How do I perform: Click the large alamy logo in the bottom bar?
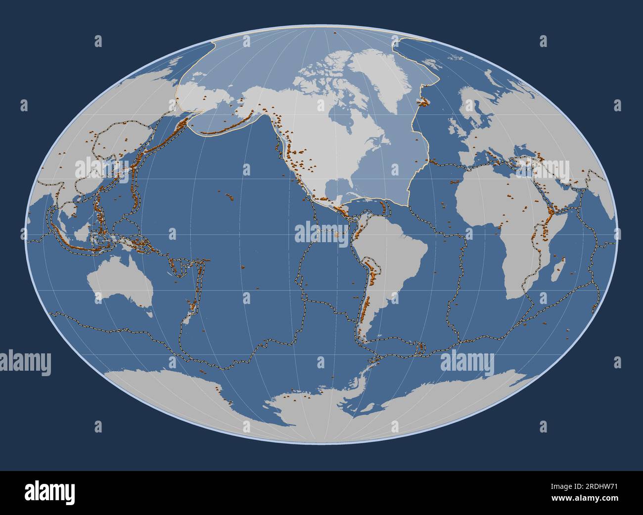click(x=49, y=492)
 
